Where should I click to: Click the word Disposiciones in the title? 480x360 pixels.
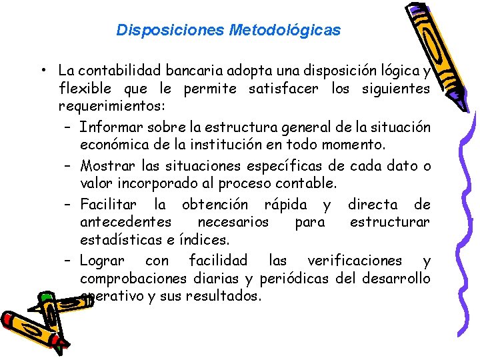click(x=170, y=30)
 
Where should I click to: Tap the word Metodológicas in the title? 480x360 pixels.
click(x=285, y=30)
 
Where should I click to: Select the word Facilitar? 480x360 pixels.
click(x=108, y=204)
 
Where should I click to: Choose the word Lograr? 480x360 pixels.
click(x=101, y=260)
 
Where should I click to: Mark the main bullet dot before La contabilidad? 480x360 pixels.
click(x=41, y=71)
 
